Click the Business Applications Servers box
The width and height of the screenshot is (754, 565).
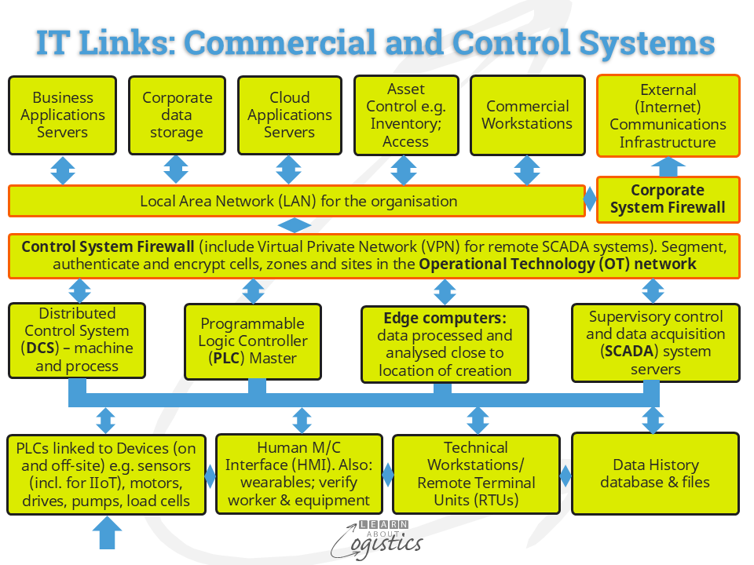coord(63,115)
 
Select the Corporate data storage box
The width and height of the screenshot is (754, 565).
coord(177,115)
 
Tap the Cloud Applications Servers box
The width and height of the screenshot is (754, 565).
coord(289,115)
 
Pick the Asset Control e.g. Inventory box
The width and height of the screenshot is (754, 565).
coord(405,115)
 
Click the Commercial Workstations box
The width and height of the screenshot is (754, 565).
coord(527,115)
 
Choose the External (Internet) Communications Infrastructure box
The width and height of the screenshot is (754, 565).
coord(668,116)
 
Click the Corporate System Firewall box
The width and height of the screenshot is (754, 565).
coord(668,199)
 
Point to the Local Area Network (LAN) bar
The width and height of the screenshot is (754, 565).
coord(298,201)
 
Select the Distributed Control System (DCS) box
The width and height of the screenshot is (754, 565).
coord(77,340)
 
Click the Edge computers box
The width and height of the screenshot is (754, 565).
coord(445,344)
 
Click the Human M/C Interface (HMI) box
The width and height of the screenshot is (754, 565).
coord(298,473)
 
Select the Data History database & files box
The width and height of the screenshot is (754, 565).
coord(655,473)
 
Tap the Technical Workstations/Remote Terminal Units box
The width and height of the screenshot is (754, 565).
coord(476,473)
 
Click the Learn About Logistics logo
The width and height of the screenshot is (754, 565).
coord(377,540)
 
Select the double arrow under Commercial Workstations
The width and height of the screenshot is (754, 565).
coord(526,169)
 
